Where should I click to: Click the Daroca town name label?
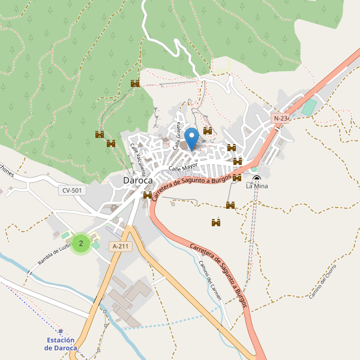click(x=137, y=180)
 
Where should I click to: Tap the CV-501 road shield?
click(x=73, y=190)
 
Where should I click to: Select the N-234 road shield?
click(x=281, y=118)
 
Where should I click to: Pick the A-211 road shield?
click(x=120, y=246)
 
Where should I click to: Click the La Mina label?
click(x=257, y=186)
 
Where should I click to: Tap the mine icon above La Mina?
click(x=257, y=178)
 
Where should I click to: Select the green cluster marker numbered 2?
click(x=81, y=243)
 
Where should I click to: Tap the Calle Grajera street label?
click(x=178, y=136)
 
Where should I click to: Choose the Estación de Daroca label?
click(x=61, y=344)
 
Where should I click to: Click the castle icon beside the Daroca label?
click(x=148, y=195)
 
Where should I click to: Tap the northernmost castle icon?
click(x=135, y=84)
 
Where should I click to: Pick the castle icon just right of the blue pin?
click(x=208, y=131)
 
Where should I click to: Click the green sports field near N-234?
click(x=308, y=108)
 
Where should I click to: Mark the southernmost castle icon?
click(x=216, y=223)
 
